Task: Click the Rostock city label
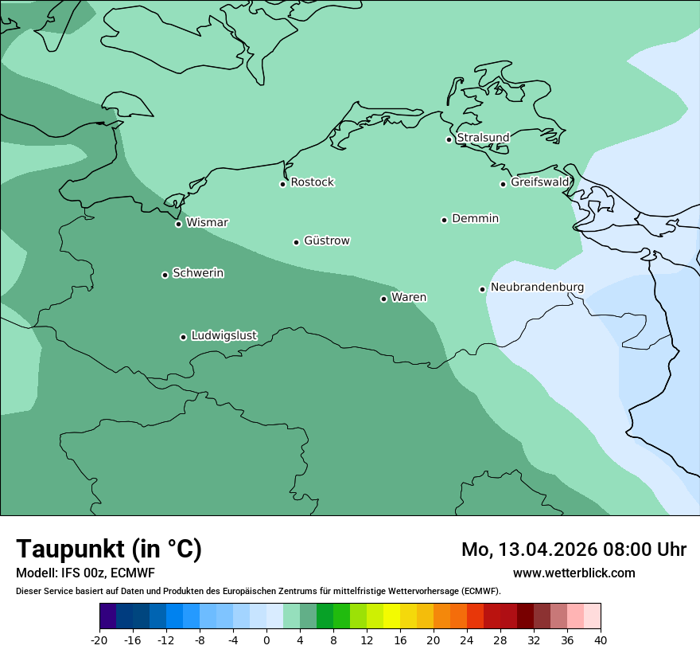coord(312,182)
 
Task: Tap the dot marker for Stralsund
coord(449,139)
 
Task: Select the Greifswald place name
coord(539,182)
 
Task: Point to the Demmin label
coord(475,218)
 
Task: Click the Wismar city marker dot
coord(178,224)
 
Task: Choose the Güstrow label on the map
coord(326,241)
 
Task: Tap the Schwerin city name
coord(198,273)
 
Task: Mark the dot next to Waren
coord(383,299)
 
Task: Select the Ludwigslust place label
coord(224,336)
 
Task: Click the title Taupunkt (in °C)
coord(109,549)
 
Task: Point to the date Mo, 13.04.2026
coord(528,550)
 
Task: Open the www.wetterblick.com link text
coord(574,573)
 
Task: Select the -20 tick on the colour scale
coord(99,639)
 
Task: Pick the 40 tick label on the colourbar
coord(601,639)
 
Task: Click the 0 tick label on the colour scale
coord(266,639)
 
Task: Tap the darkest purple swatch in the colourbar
coord(108,616)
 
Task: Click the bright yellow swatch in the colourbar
coord(391,616)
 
